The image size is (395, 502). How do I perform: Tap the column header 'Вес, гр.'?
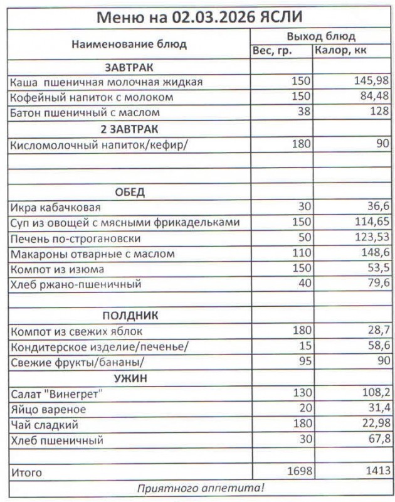[x=272, y=50]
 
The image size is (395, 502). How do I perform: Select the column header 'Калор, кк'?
[x=344, y=50]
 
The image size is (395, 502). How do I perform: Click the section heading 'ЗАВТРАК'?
[x=130, y=67]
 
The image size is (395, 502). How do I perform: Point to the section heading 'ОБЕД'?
[x=130, y=191]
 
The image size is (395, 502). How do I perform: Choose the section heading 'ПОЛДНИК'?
[x=130, y=315]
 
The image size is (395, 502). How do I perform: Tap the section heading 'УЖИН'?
[x=130, y=378]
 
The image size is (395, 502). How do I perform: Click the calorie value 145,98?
[x=372, y=82]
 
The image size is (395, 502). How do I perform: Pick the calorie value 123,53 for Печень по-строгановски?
[x=372, y=238]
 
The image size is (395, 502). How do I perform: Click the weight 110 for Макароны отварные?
[x=302, y=254]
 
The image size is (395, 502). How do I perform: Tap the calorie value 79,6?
[x=378, y=285]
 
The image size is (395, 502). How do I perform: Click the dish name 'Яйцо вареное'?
[x=48, y=409]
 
